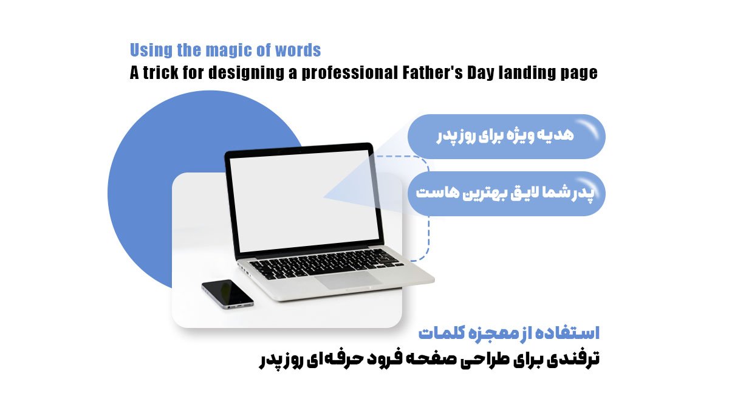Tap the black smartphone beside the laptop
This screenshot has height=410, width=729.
click(x=227, y=294)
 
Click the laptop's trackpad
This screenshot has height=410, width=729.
click(x=349, y=280)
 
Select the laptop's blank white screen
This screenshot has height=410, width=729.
click(x=304, y=200)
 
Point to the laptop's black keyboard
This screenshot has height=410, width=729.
click(x=326, y=263)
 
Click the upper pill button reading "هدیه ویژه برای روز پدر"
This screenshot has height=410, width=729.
click(x=507, y=137)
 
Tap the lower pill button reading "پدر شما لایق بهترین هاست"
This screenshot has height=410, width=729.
click(x=507, y=194)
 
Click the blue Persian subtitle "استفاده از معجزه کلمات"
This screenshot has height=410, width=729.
click(x=508, y=333)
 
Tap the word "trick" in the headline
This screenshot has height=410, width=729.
click(x=161, y=72)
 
